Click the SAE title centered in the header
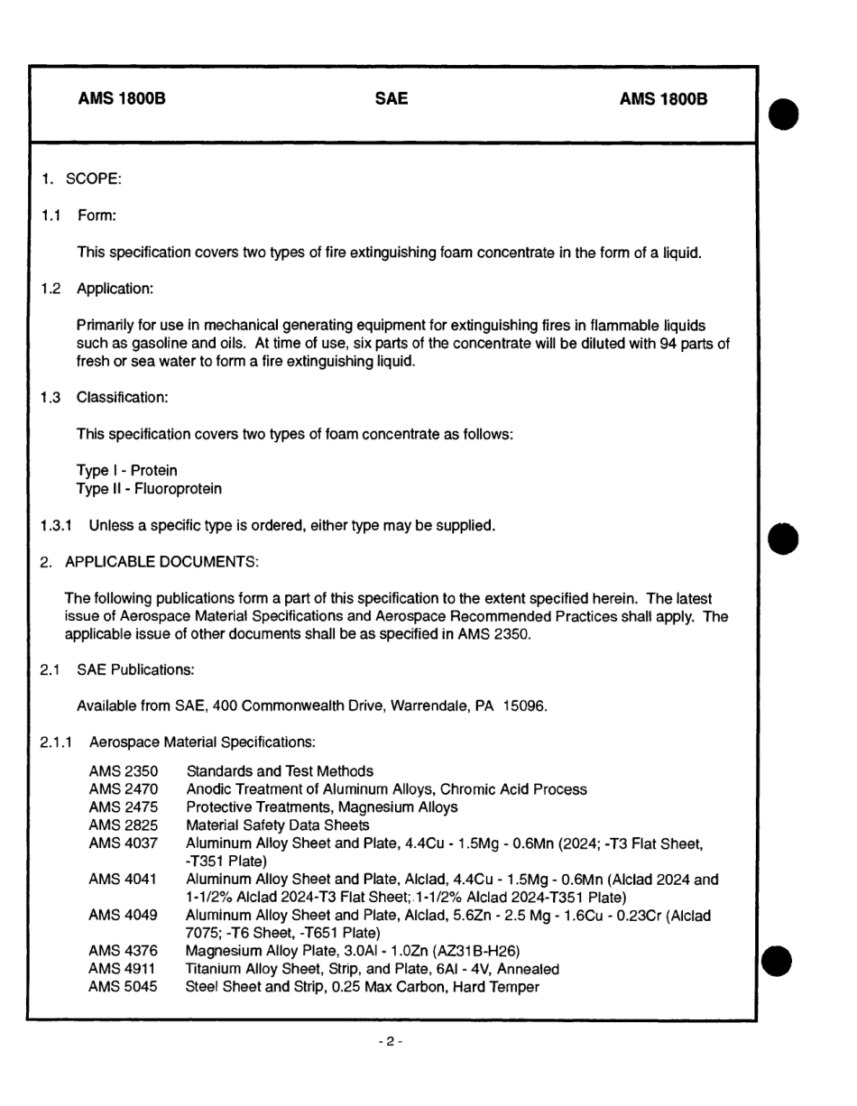[x=391, y=99]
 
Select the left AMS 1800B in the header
[x=122, y=99]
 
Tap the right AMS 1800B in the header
[x=663, y=99]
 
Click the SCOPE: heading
[x=93, y=179]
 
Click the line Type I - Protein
[x=127, y=471]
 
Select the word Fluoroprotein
[x=177, y=489]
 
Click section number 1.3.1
[x=56, y=526]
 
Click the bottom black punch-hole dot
[x=778, y=963]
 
